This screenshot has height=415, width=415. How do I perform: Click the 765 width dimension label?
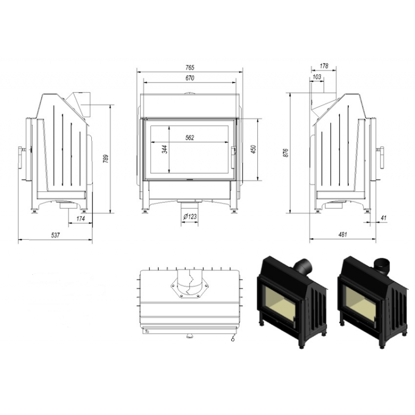coord(190,67)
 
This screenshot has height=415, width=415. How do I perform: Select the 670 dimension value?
coord(190,78)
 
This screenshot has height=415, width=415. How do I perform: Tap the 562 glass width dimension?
coord(190,137)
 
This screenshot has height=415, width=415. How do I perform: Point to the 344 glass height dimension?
coord(165,149)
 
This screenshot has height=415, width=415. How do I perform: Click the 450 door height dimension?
coord(253,149)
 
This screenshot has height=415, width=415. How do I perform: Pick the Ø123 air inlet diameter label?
coord(190,216)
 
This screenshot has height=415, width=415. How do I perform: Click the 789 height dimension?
coord(106,159)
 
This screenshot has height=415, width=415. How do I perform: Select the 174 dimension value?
coord(80,218)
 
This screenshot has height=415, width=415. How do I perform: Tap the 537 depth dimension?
coord(56,235)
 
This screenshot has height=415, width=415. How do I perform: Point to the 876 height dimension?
coord(286,153)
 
